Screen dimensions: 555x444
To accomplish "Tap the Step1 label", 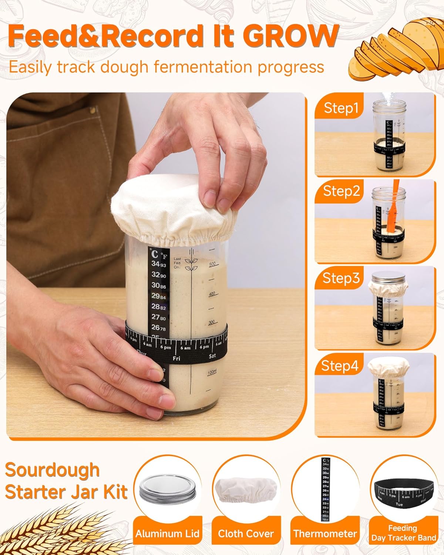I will click(341, 108).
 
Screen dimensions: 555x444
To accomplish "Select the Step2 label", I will click(341, 191).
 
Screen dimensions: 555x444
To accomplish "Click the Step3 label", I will click(341, 278).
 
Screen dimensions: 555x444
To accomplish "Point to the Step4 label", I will click(340, 366).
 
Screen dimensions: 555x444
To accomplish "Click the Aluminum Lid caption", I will click(167, 534).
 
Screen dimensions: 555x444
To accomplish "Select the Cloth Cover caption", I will click(246, 534).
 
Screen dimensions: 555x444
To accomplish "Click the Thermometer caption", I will click(325, 534).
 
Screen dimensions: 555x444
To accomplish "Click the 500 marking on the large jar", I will click(212, 264).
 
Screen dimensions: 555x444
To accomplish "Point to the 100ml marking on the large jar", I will click(212, 372).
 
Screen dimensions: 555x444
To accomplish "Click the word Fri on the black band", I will click(176, 358).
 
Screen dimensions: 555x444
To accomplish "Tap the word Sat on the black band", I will click(212, 356).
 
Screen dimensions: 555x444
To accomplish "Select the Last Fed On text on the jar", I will click(177, 263).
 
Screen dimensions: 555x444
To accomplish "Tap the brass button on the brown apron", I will click(92, 110).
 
